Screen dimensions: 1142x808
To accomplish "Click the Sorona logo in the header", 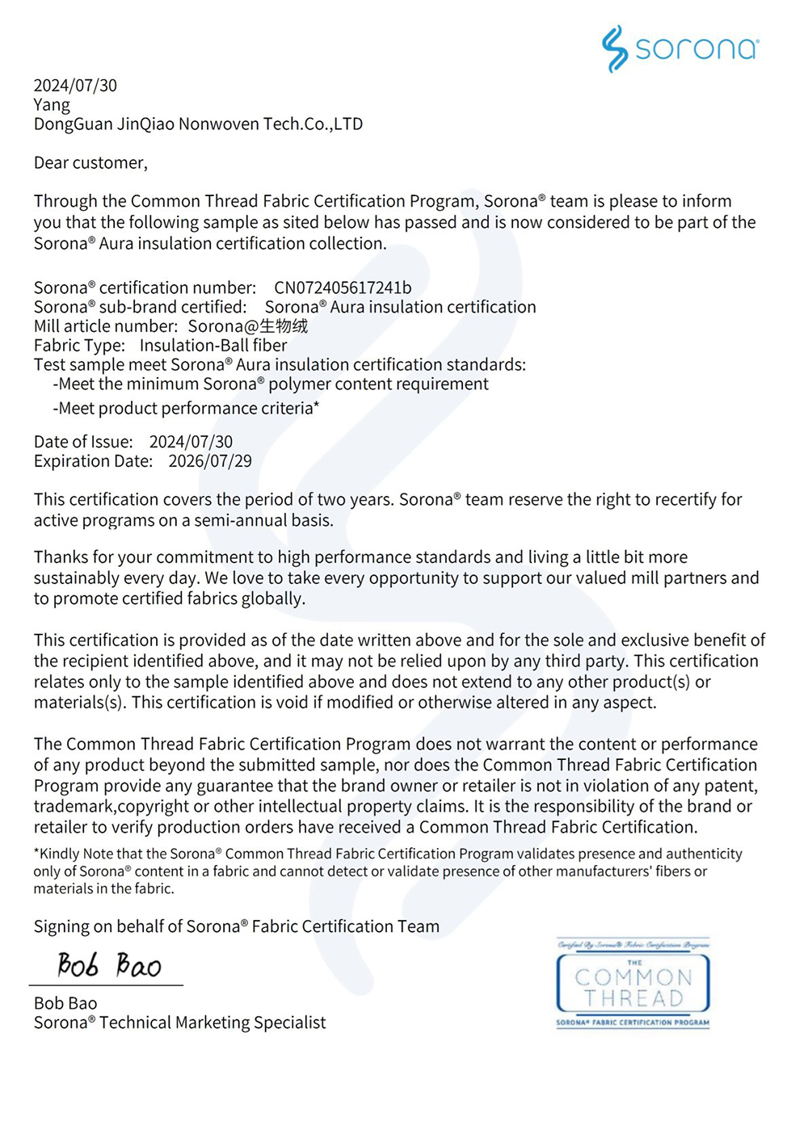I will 680,48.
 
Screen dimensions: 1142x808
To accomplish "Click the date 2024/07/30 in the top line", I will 75,86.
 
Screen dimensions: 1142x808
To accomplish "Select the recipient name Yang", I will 52,105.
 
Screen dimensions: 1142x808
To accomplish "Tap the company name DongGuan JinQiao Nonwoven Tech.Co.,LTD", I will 198,124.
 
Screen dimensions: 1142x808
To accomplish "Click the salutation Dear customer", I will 90,163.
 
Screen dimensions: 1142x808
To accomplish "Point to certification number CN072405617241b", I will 343,288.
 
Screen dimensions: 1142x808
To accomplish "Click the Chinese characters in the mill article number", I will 284,326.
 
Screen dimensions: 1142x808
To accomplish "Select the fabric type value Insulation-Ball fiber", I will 213,346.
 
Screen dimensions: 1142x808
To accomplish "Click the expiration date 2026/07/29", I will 210,461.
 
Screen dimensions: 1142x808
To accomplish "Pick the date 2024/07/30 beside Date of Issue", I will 191,442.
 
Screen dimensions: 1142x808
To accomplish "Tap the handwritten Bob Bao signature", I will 109,964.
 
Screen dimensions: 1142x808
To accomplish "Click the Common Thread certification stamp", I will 633,984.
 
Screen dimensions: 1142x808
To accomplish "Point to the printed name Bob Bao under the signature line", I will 65,1003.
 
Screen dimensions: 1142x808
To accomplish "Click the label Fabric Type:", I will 79,346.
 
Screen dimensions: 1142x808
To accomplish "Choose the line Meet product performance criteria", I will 186,409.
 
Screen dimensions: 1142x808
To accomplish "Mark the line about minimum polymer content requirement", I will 271,384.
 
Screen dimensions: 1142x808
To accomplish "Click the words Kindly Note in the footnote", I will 72,854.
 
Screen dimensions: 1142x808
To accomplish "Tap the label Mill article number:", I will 105,326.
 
